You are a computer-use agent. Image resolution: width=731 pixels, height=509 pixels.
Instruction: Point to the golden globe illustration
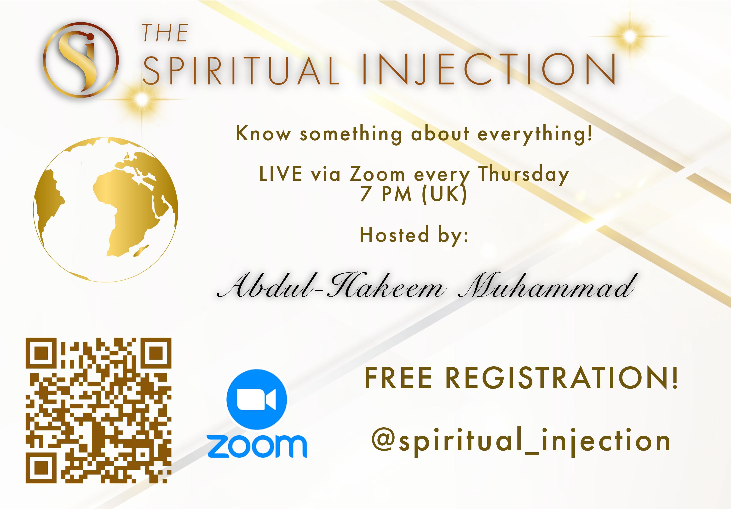(106, 210)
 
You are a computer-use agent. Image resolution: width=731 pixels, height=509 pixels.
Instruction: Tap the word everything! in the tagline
(535, 134)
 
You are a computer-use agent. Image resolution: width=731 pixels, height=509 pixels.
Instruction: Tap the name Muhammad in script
(548, 285)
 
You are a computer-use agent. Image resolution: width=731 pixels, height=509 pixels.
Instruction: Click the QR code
(98, 410)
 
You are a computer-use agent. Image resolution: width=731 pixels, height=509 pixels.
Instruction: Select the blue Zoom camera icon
(257, 399)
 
